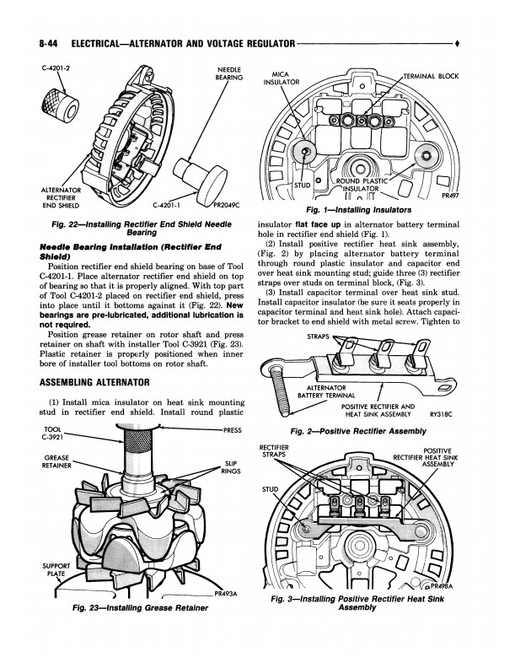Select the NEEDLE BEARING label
pyautogui.click(x=229, y=72)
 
